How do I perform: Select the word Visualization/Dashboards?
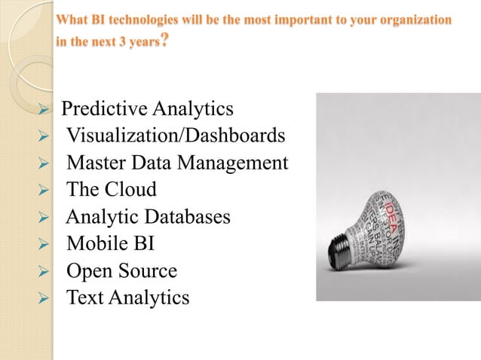(x=176, y=136)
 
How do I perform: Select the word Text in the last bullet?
(x=85, y=298)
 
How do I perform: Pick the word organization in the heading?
(x=413, y=17)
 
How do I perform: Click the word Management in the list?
(x=234, y=163)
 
